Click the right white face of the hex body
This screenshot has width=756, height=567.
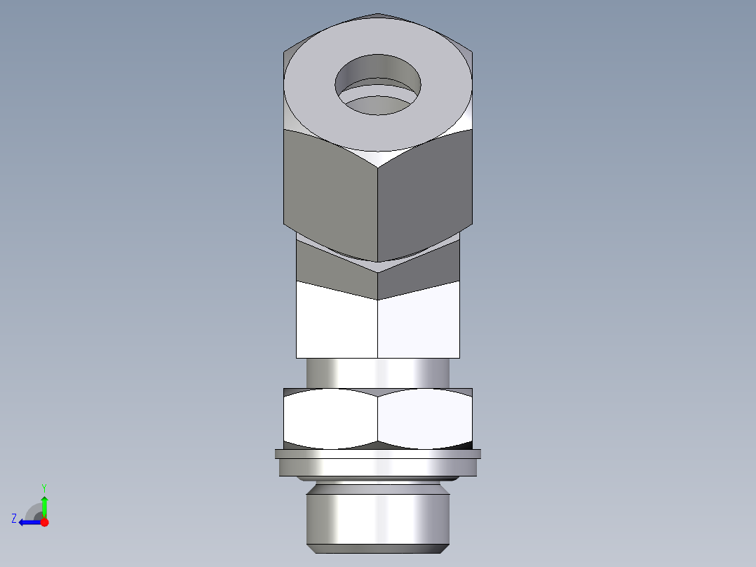tap(419, 326)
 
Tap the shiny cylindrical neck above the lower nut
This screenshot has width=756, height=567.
tap(378, 373)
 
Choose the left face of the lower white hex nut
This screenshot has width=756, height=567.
tap(330, 419)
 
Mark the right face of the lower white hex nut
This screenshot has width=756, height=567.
tap(425, 419)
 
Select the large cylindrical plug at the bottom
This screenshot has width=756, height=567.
tap(378, 516)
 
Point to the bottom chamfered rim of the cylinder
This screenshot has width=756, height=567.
tap(378, 547)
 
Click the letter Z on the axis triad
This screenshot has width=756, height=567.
tap(13, 519)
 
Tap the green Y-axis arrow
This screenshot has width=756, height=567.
tap(44, 505)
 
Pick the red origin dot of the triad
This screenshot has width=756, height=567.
tap(44, 522)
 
